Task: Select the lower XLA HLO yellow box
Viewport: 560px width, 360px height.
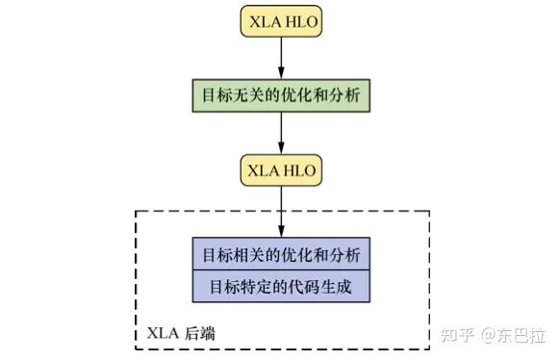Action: (x=281, y=169)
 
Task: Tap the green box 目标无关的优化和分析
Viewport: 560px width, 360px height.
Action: (x=281, y=96)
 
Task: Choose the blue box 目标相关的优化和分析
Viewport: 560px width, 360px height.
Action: (x=281, y=255)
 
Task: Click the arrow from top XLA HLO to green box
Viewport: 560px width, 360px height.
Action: (x=281, y=59)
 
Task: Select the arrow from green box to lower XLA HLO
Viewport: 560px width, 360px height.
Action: (x=281, y=132)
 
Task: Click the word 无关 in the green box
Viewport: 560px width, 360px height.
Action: (x=248, y=96)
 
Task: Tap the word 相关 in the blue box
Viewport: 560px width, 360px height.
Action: (x=248, y=255)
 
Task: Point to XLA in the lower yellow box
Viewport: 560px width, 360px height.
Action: (x=263, y=169)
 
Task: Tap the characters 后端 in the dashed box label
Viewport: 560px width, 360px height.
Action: (x=199, y=333)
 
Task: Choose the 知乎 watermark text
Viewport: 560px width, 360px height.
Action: (x=457, y=335)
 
